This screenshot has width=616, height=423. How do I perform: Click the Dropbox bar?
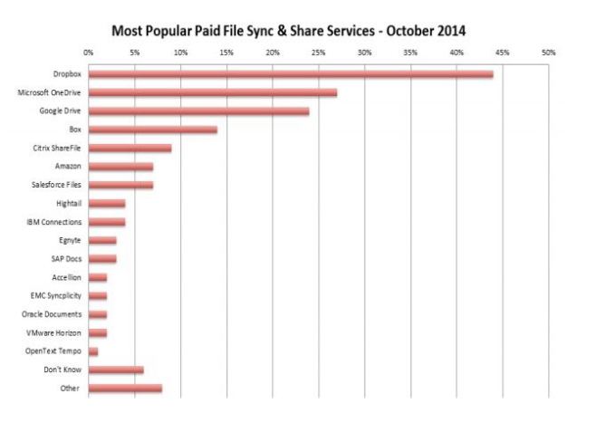tap(290, 74)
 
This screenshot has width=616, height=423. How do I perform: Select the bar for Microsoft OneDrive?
tap(212, 92)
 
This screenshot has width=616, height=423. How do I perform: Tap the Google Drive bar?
tap(198, 111)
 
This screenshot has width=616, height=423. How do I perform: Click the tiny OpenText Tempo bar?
tap(92, 351)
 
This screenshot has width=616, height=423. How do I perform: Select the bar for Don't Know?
tap(116, 370)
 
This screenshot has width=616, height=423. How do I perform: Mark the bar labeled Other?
tap(125, 388)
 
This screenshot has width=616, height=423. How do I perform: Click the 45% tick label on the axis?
tap(502, 53)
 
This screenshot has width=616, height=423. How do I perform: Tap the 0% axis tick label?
tap(89, 53)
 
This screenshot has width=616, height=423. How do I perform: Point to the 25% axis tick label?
tap(318, 53)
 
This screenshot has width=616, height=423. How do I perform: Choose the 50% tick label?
tap(548, 53)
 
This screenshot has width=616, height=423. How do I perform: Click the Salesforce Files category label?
tap(55, 185)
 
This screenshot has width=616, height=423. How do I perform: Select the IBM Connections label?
tap(54, 222)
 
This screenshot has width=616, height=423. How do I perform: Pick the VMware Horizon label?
tap(56, 332)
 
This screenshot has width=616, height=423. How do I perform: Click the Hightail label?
tap(68, 203)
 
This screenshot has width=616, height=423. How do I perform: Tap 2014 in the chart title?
tap(449, 30)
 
